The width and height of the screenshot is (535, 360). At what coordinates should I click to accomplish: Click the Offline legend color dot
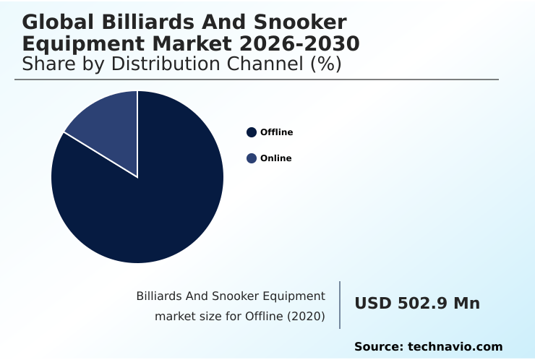(x=252, y=132)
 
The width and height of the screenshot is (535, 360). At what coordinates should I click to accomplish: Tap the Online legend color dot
(x=252, y=158)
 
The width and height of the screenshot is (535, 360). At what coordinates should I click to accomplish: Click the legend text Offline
(x=276, y=132)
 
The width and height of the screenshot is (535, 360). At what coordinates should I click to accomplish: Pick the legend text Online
(x=275, y=158)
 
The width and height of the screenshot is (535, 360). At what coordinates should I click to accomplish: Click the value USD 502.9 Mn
(x=416, y=304)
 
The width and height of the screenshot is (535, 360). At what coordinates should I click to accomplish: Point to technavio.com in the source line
(x=455, y=347)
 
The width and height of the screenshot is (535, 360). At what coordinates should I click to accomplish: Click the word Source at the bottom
(x=378, y=347)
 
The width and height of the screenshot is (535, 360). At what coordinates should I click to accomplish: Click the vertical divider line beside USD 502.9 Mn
(x=340, y=304)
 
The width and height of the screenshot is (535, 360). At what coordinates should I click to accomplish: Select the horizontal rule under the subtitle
(x=257, y=80)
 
